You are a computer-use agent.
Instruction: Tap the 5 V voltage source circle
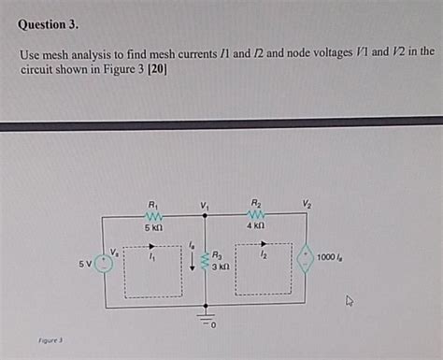click(103, 263)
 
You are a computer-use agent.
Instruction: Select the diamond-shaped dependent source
click(305, 256)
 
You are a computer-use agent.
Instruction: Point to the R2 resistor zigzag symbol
click(256, 214)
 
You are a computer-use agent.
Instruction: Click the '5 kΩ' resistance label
click(153, 227)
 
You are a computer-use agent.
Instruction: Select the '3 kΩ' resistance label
click(221, 267)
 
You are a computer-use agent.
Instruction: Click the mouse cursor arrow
click(350, 301)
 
